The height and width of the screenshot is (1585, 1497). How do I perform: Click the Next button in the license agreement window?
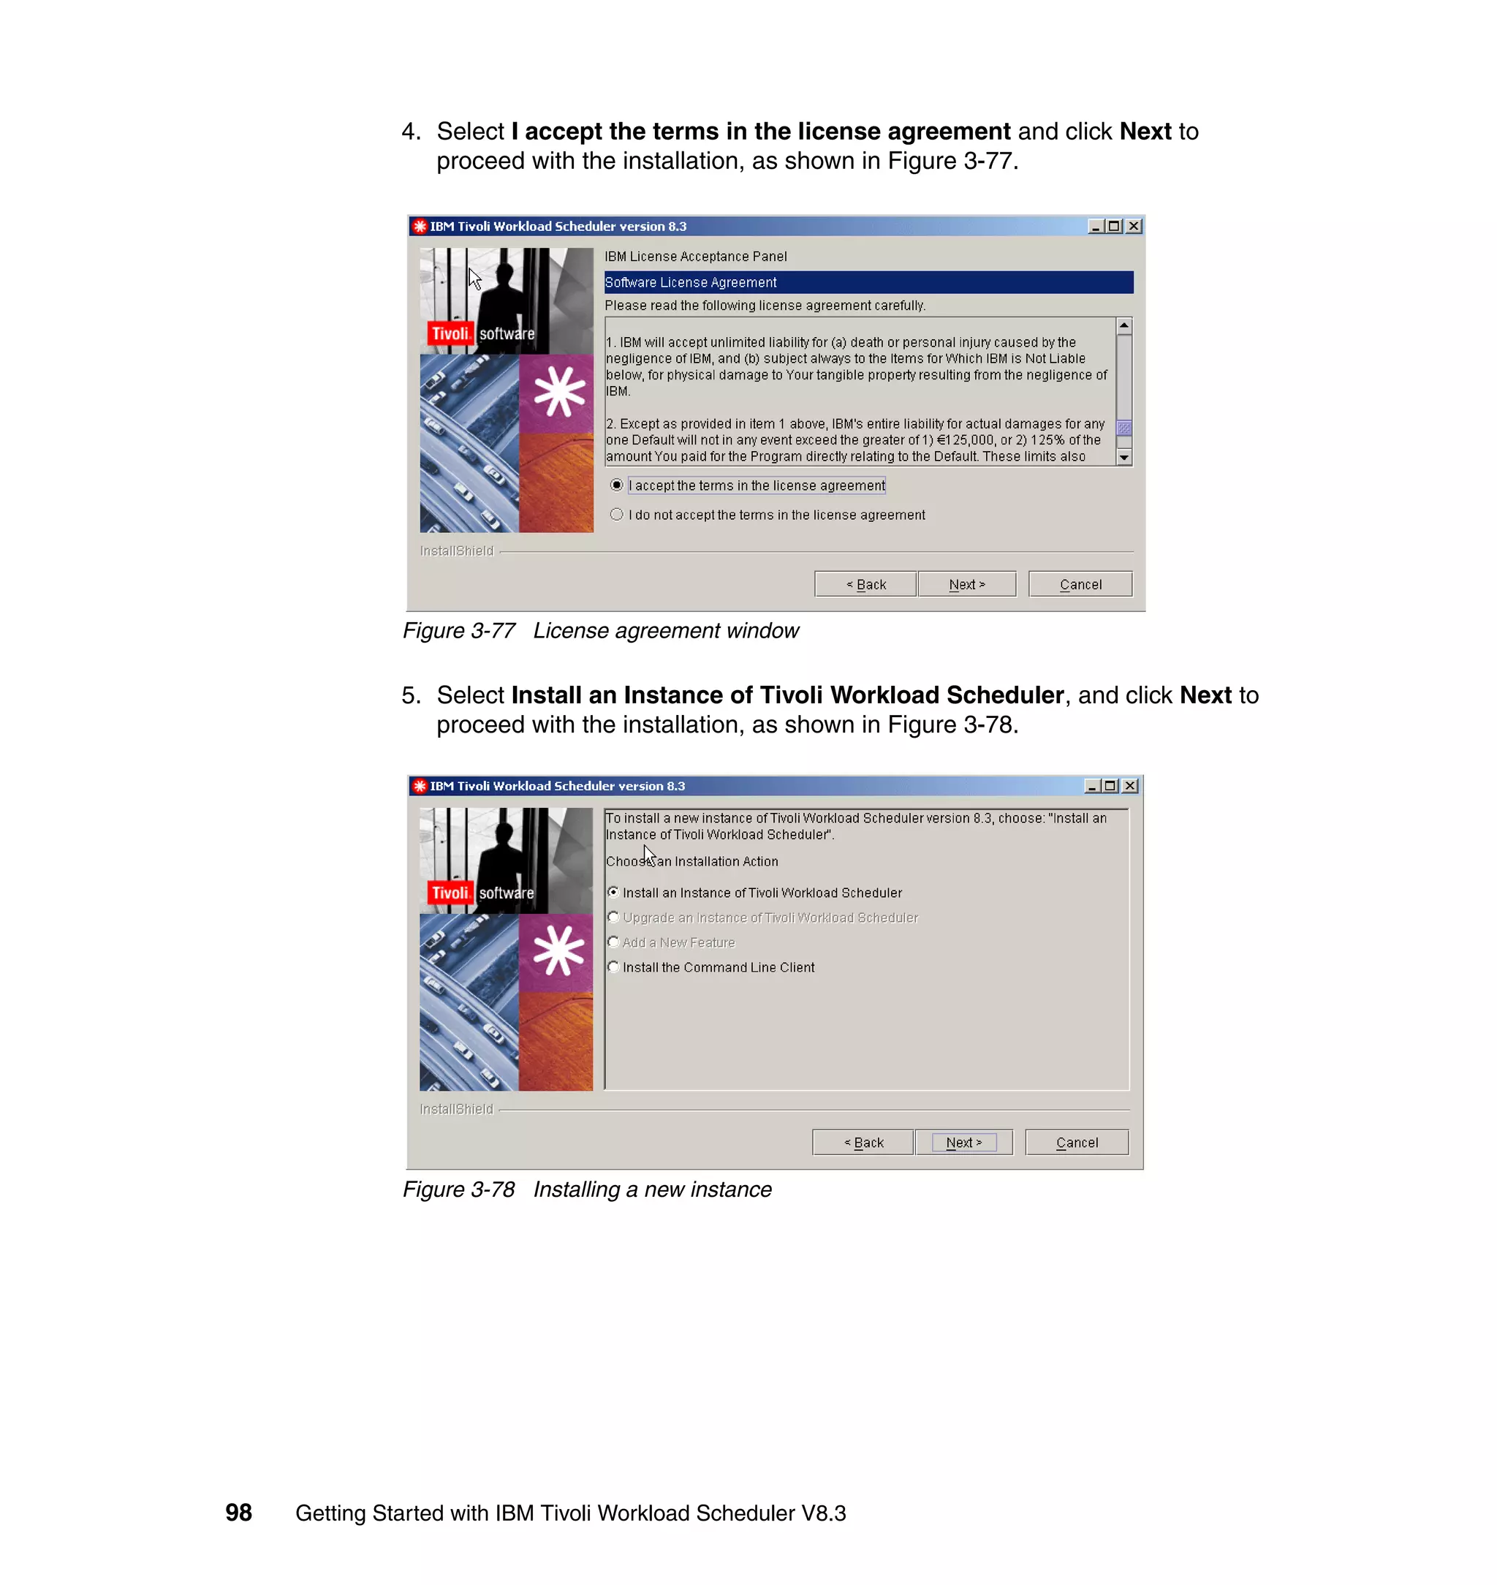[x=966, y=584]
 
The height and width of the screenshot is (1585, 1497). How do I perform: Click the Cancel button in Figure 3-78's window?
[x=1076, y=1142]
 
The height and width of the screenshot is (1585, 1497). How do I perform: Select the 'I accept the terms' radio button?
[x=617, y=485]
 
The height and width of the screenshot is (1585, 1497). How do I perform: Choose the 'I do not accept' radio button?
[x=617, y=515]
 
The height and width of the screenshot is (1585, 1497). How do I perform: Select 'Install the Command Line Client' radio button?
[x=613, y=966]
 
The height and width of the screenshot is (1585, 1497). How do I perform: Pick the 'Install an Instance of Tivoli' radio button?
[x=613, y=892]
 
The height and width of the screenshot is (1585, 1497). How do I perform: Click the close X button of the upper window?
[x=1133, y=227]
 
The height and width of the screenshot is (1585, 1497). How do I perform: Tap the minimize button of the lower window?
[x=1091, y=786]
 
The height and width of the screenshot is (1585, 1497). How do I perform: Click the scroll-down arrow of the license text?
[x=1123, y=458]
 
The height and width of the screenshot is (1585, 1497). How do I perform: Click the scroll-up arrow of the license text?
[x=1123, y=326]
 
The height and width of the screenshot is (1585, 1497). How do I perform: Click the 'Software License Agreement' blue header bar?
[x=868, y=282]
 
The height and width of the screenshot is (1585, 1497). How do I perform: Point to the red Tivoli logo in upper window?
[x=451, y=333]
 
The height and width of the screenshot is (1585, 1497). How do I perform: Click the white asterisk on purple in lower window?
[x=558, y=950]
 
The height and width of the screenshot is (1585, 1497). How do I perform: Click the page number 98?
[x=238, y=1513]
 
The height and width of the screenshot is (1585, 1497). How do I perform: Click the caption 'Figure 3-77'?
[x=459, y=630]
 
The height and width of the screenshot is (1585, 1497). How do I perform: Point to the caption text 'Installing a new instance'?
[x=652, y=1189]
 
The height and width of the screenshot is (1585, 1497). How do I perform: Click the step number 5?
[x=410, y=695]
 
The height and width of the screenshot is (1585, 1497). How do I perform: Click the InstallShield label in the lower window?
[x=456, y=1109]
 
